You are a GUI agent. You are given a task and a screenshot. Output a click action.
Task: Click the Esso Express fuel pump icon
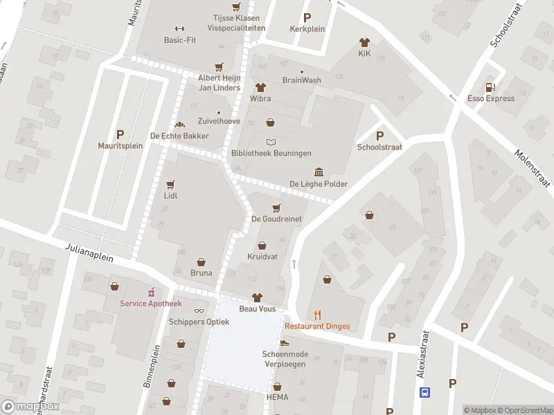coord(490,87)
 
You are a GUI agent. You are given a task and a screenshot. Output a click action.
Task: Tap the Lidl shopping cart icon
coord(170,185)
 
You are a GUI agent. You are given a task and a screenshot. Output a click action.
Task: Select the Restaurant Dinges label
coord(317,326)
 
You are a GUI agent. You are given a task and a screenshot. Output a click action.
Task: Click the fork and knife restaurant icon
coord(318,315)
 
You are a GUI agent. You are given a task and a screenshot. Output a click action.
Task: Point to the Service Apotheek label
coord(150,304)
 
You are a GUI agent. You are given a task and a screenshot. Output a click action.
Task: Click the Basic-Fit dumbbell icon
coord(179,28)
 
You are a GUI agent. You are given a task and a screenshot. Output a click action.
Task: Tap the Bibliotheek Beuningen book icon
coord(271,142)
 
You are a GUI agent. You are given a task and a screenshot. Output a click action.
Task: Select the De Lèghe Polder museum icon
coord(319,172)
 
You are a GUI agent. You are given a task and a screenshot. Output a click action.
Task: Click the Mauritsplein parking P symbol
coord(120,134)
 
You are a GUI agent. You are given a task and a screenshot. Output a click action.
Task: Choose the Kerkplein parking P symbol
coord(307,17)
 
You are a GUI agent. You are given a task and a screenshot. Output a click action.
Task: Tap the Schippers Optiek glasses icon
coord(199,311)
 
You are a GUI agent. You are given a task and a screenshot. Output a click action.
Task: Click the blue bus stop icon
coord(425,392)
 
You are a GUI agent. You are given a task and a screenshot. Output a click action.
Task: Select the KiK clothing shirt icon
coord(364,42)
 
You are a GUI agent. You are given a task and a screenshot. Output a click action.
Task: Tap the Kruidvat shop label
coord(262,257)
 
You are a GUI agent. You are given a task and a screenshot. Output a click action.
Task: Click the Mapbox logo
coord(30,407)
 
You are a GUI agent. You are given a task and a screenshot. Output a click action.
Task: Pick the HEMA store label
coord(277,398)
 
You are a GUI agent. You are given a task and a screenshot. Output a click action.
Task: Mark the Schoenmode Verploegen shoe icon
coord(284,343)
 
